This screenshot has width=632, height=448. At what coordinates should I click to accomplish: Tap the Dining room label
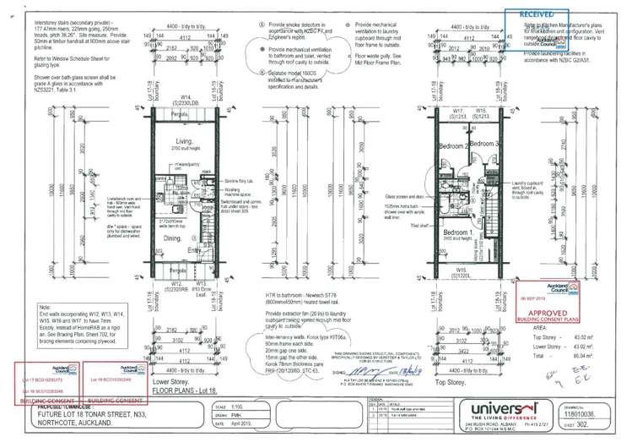(x=174, y=239)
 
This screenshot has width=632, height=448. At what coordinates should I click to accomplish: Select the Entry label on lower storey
(x=195, y=250)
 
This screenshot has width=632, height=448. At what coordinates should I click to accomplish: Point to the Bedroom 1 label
(x=458, y=232)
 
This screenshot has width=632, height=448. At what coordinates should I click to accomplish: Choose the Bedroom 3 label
(x=484, y=145)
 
